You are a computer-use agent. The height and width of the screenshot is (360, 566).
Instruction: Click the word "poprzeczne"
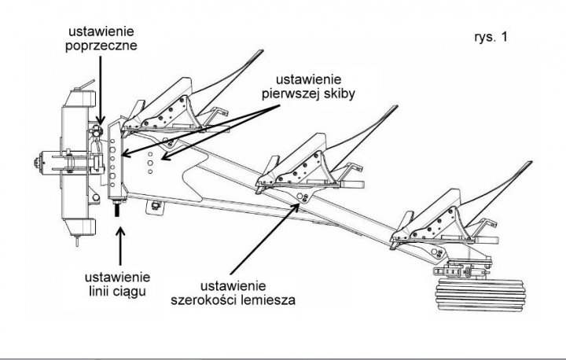pos(102,46)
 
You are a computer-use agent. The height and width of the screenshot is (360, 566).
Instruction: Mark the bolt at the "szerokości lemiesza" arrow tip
pos(296,206)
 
